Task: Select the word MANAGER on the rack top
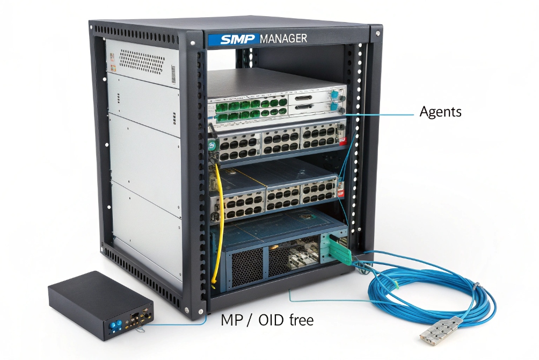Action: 283,39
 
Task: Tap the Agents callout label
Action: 440,112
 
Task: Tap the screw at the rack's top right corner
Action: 378,34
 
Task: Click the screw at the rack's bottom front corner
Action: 186,310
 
